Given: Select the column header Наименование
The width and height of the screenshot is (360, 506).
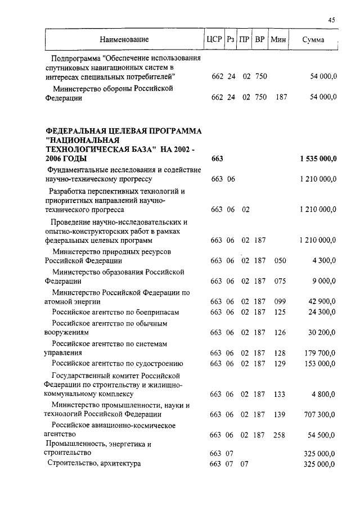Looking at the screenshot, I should tap(124, 39).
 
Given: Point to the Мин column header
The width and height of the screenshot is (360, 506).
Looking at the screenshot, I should tap(278, 39).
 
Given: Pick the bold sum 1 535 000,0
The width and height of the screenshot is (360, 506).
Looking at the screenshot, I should tap(318, 159).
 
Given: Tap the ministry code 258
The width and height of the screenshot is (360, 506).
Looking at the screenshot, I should tap(280, 435).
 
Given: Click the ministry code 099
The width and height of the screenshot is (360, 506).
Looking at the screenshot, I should tap(280, 301).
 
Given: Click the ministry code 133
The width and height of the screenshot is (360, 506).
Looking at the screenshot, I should tap(280, 394).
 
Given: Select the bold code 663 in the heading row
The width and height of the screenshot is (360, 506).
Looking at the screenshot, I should tap(217, 159).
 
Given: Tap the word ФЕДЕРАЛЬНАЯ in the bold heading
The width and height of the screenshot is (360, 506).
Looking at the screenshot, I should tap(74, 130).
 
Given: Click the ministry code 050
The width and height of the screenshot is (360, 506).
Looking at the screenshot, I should tap(280, 261).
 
